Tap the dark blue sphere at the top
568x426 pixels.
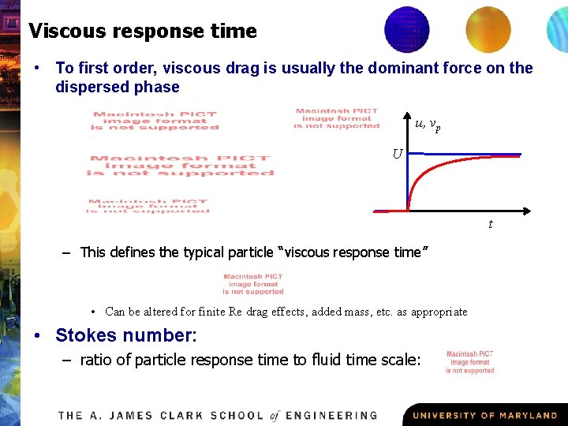tap(406, 29)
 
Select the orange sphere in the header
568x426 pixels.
tap(488, 29)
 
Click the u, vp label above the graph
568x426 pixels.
tap(428, 123)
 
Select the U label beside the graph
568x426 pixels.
tap(398, 153)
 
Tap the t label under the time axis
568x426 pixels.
tap(491, 225)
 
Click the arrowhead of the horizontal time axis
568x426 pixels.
tap(523, 211)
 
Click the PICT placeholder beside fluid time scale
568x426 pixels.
tap(470, 363)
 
